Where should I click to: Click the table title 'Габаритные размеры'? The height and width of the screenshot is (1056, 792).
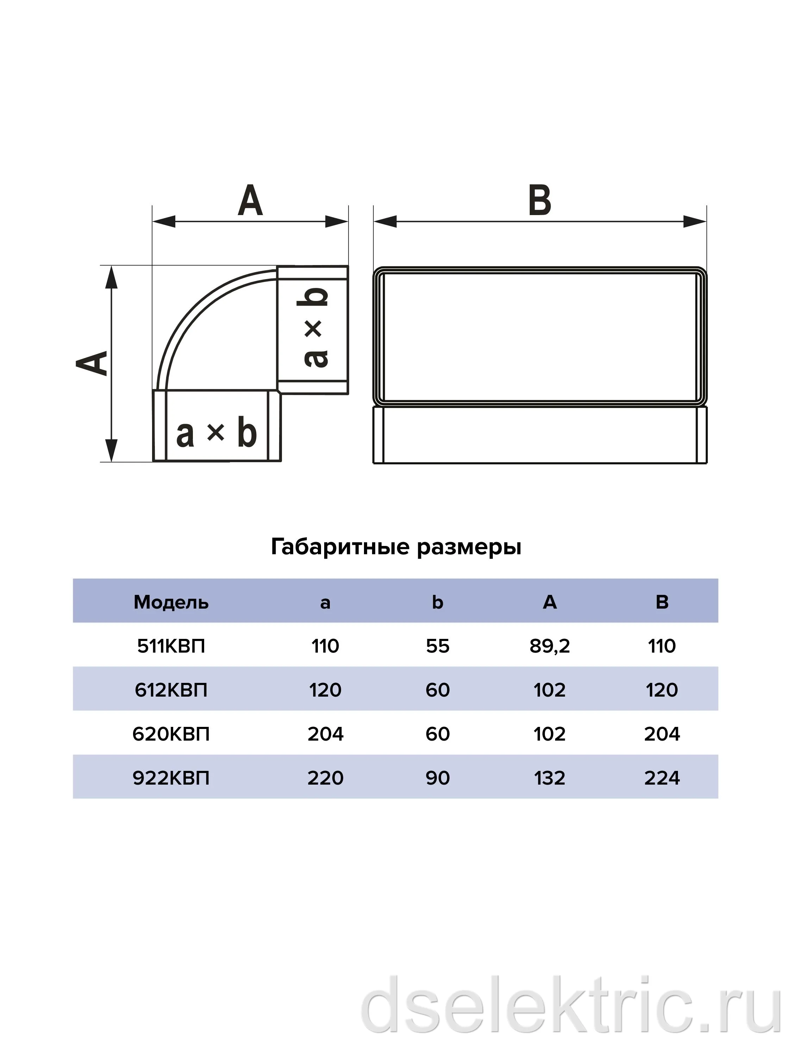pos(396,547)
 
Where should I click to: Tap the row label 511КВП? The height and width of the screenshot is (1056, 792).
pos(171,646)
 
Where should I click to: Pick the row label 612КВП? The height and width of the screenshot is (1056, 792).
pos(171,690)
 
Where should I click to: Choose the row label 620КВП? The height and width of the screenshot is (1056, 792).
pos(171,734)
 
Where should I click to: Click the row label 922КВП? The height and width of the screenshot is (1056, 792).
pos(171,778)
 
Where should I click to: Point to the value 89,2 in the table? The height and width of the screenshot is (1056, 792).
pos(549,646)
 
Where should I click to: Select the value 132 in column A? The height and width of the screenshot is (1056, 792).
pos(549,778)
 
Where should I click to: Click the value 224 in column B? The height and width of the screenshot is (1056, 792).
pos(662,778)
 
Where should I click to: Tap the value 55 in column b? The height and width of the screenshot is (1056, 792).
pos(438,646)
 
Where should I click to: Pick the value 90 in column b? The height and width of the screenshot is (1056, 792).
pos(438,778)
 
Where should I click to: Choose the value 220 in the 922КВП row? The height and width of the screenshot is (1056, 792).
pos(325,778)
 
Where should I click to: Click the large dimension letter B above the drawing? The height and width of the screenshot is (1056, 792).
pos(540,200)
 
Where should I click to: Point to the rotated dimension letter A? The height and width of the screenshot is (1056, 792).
pos(92,363)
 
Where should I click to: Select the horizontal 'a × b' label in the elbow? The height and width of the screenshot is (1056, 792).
pos(216,433)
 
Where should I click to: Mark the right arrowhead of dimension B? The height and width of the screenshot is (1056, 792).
pos(694,221)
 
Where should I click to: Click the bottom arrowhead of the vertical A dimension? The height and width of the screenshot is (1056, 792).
pos(111,450)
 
